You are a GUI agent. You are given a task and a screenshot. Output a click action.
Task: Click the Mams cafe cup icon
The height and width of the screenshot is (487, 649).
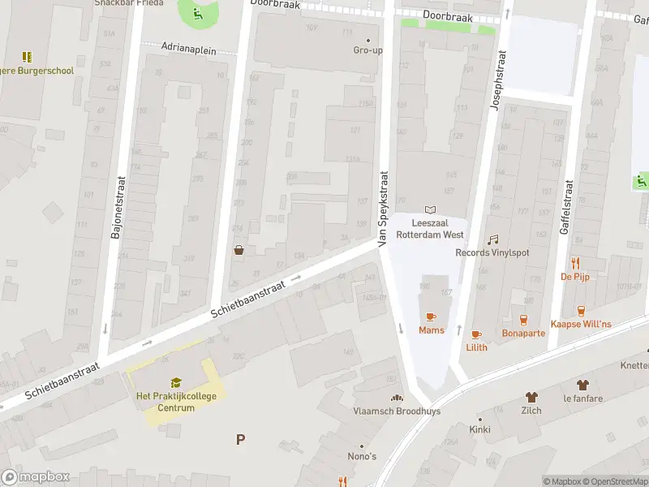430,317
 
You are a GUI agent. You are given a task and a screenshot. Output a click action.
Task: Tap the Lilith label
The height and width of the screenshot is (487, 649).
477,347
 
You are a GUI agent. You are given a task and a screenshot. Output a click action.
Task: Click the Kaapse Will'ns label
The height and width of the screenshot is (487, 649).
581,325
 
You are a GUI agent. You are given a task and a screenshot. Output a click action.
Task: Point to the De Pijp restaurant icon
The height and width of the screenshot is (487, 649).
576,262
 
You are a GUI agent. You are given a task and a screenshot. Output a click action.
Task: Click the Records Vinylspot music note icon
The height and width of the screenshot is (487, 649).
492,239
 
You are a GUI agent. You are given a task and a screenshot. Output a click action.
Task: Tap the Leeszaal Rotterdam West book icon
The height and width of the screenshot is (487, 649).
430,210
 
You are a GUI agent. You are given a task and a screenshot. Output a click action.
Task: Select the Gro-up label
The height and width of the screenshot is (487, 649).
367,50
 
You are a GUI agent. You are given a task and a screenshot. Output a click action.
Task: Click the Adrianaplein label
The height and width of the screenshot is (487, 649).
189,50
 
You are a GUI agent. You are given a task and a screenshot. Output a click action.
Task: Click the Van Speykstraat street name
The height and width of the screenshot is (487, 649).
383,209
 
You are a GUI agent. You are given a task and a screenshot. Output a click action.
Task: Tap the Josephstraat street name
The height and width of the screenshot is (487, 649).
500,82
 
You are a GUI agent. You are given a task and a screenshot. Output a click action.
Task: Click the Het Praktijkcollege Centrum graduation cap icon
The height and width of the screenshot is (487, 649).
176,383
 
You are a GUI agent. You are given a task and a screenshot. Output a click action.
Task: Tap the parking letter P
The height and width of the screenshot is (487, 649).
240,439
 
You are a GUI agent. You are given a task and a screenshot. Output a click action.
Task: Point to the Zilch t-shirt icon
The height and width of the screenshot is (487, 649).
531,397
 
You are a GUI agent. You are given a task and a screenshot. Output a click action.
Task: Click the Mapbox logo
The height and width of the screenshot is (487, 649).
36,477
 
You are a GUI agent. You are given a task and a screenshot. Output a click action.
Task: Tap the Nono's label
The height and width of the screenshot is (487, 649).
363,456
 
